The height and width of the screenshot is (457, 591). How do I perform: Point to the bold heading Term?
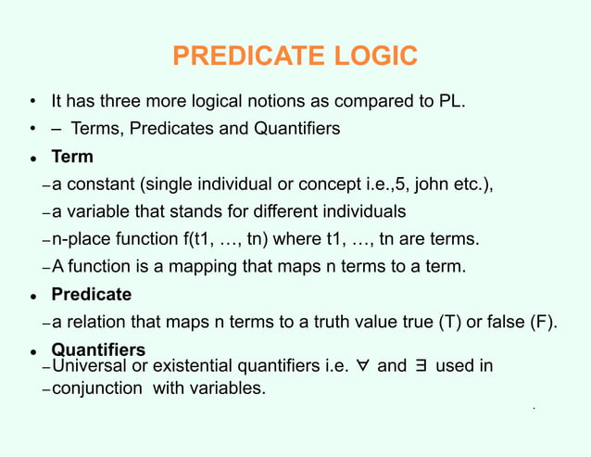(x=72, y=157)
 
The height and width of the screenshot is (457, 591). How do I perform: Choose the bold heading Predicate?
(x=91, y=295)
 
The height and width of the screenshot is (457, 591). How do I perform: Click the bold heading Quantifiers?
(x=98, y=350)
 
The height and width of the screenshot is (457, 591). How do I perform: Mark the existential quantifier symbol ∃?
(x=420, y=366)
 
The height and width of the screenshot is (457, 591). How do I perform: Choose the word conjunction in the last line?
(x=97, y=387)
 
